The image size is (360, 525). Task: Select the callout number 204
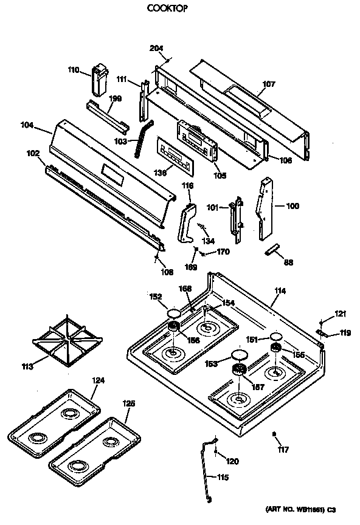coord(156,49)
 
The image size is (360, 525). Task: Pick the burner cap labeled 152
coord(173,314)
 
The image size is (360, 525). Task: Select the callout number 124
coord(98,380)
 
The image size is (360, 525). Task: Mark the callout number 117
coord(283,450)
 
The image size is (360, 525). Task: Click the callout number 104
coord(27,125)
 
